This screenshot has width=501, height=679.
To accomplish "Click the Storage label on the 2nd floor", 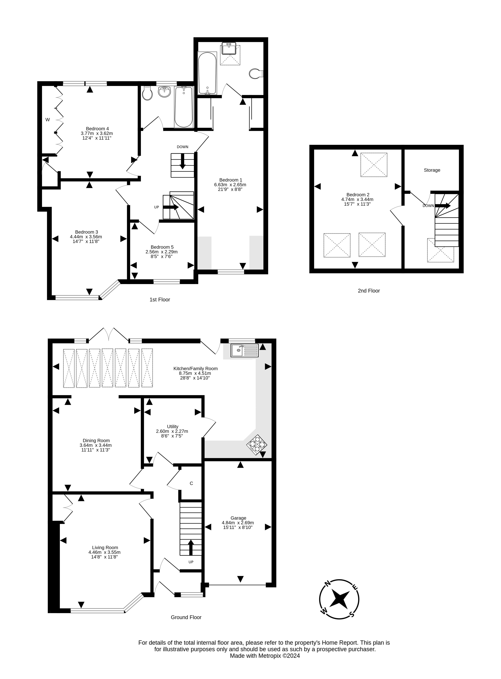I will pos(432,170).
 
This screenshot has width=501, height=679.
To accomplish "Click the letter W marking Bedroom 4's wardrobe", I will pos(48,120).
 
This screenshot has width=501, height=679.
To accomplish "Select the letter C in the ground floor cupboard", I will pos(191,483).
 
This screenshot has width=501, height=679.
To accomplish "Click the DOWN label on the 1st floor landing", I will pos(183,147).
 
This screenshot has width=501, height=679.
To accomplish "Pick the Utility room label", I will pos(173,427).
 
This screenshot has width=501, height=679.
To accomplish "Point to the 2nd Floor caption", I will pos(369,291).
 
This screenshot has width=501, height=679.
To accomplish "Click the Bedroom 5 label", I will pos(162,247).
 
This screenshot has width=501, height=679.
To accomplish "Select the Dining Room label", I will pos(96,441).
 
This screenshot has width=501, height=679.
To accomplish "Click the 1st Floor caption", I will pos(160,300).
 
